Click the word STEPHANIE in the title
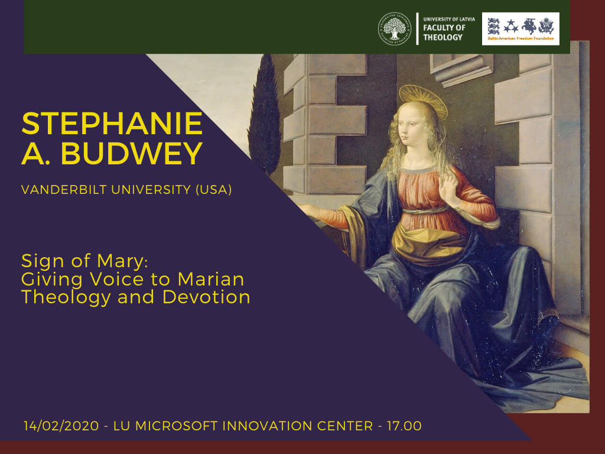coord(112,124)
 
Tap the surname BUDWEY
coord(132,153)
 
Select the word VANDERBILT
coord(64,190)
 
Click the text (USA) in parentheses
coord(213,190)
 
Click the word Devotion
coord(206,297)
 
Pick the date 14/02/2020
coord(61,426)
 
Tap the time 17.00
coord(404,426)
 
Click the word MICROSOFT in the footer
coord(176,426)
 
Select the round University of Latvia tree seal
coord(394,29)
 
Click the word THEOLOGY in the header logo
coord(443,37)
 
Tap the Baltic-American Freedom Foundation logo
coord(521,29)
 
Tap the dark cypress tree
coord(265,116)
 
